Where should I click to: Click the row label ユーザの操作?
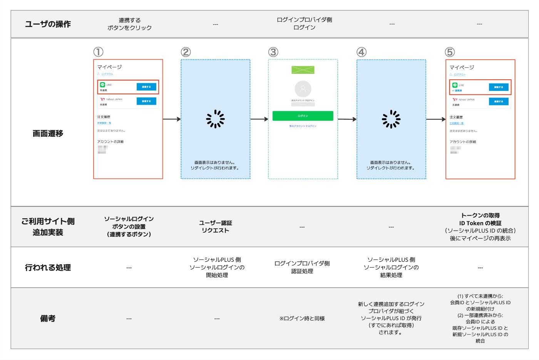click(x=48, y=24)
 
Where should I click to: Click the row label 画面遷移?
click(x=48, y=134)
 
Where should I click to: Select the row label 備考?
click(x=48, y=318)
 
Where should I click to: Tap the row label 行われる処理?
click(x=48, y=268)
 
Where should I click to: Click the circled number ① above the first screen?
click(x=98, y=52)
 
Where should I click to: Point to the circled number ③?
click(x=273, y=52)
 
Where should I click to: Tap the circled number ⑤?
click(x=450, y=52)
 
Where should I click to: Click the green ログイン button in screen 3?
click(x=303, y=116)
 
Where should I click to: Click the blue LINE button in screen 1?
click(x=146, y=87)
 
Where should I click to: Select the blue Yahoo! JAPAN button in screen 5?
click(x=499, y=102)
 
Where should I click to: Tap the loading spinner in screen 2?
click(x=216, y=119)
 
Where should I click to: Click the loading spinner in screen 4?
click(x=391, y=119)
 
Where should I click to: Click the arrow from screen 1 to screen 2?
click(x=172, y=119)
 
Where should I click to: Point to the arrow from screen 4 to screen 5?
click(x=436, y=119)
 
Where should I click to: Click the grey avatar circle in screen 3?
click(x=303, y=89)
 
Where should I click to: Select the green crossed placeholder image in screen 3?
click(x=303, y=70)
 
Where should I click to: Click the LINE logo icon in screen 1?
click(x=102, y=85)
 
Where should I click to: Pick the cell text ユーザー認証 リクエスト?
click(x=216, y=227)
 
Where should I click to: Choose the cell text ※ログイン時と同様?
click(x=302, y=318)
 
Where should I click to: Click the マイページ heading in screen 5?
click(x=462, y=67)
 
